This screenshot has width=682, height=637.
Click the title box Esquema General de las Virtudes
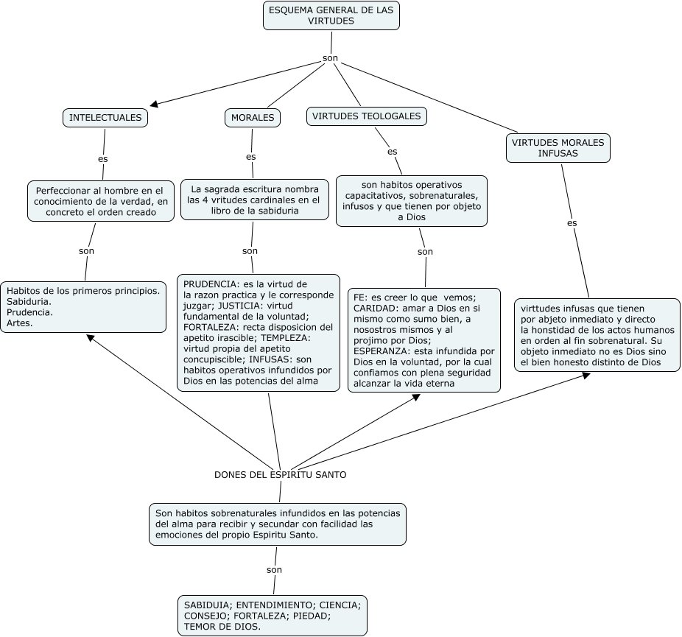(x=331, y=15)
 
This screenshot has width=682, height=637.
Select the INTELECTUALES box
(x=105, y=117)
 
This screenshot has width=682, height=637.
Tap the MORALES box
(x=253, y=117)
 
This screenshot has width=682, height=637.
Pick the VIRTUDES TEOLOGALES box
(x=367, y=116)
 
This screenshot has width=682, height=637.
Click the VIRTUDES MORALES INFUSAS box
(x=558, y=148)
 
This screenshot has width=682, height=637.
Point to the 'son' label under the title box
(x=330, y=58)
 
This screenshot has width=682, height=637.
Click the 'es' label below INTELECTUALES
(x=102, y=159)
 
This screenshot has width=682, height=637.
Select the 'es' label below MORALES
(x=251, y=157)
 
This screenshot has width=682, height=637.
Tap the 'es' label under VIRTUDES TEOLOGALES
(x=393, y=152)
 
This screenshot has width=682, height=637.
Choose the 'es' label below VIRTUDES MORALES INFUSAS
(x=572, y=223)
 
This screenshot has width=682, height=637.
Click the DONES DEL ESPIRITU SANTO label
(x=281, y=475)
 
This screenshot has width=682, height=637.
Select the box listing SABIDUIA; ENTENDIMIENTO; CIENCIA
(x=273, y=616)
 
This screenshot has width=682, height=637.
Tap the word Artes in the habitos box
(x=20, y=323)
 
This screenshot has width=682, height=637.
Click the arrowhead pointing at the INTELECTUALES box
(x=155, y=104)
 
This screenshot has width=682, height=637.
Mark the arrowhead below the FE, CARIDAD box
(x=416, y=397)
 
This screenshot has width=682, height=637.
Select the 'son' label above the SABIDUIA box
(x=274, y=570)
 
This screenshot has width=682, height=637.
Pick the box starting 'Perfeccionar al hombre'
(x=101, y=201)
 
